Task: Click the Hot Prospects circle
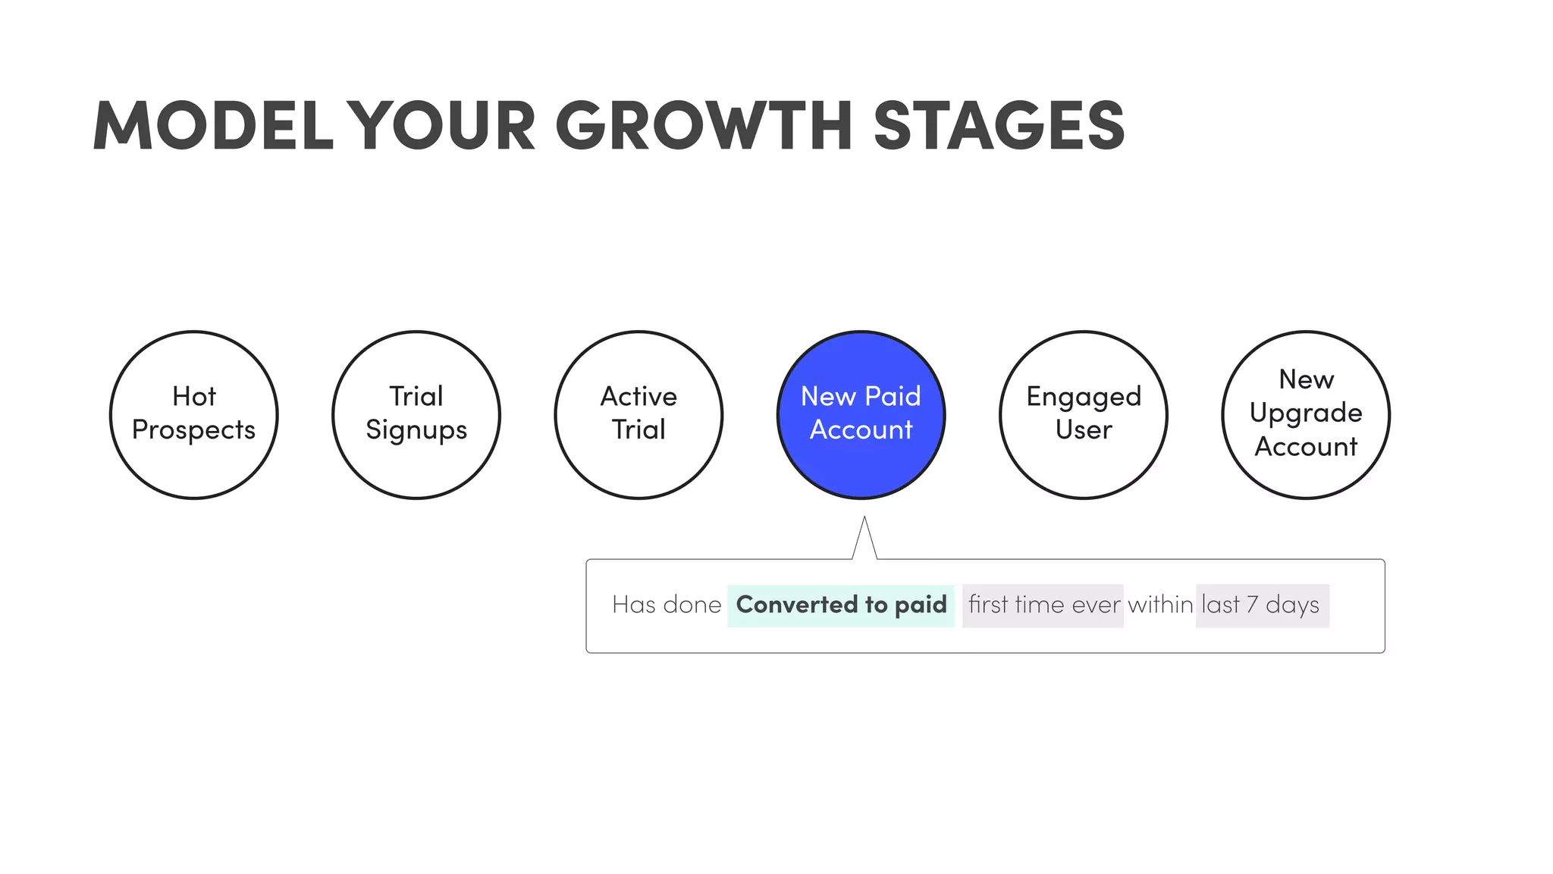click(194, 415)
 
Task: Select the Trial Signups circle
click(416, 415)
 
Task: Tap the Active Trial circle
click(638, 415)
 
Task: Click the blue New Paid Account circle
click(861, 415)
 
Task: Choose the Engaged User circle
click(1084, 415)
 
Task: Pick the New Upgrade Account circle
click(1306, 415)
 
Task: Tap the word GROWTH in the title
click(704, 125)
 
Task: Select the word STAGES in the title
click(999, 125)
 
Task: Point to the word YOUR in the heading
click(445, 125)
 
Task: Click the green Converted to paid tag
click(841, 605)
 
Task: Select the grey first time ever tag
click(1043, 605)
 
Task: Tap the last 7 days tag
click(1262, 605)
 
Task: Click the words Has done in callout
click(667, 605)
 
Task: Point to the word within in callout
click(1159, 605)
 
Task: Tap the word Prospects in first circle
click(194, 430)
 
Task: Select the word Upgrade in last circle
click(1306, 413)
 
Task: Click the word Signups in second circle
click(416, 430)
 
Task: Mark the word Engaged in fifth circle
click(1084, 397)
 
